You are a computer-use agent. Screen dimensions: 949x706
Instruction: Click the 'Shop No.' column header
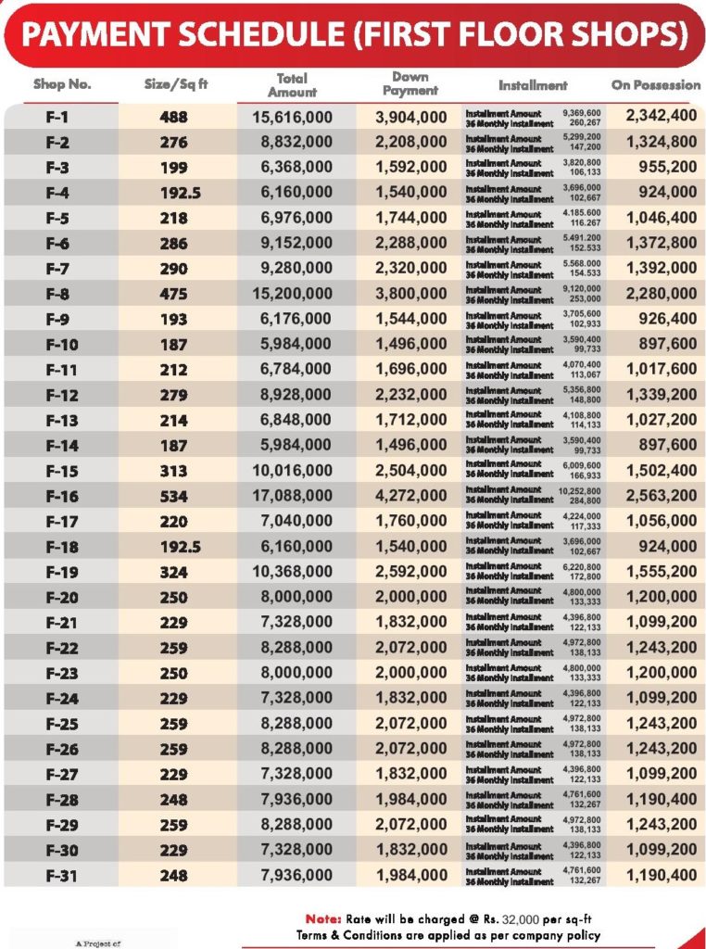click(62, 84)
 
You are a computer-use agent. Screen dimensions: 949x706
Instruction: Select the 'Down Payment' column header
click(410, 84)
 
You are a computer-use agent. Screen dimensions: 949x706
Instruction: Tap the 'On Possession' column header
click(655, 84)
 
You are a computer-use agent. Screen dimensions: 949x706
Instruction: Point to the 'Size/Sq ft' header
click(176, 84)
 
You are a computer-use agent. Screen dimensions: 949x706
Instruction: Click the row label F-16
click(62, 496)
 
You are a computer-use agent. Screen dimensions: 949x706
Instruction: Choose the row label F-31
click(62, 875)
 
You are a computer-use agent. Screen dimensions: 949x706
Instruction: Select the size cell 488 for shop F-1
click(173, 117)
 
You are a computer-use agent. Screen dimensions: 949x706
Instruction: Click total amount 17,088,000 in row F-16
click(293, 496)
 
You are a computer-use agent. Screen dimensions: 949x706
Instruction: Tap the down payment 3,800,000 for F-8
click(411, 294)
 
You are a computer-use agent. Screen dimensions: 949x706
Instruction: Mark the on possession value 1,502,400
click(662, 471)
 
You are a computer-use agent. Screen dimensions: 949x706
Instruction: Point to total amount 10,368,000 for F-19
click(293, 572)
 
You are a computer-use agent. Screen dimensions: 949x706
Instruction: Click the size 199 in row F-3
click(173, 168)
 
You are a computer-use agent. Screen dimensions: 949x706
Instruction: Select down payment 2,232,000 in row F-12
click(411, 395)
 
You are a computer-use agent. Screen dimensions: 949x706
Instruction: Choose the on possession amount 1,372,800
click(662, 243)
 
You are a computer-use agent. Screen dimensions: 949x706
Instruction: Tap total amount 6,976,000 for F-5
click(293, 218)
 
